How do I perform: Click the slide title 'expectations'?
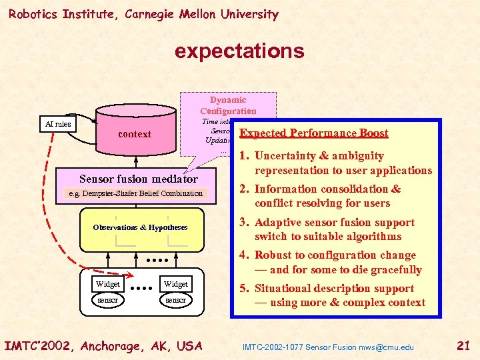click(x=239, y=51)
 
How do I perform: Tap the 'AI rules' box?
click(x=57, y=124)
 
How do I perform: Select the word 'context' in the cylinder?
click(x=135, y=134)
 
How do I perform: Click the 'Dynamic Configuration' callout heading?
click(x=228, y=105)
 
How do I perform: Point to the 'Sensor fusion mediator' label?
click(x=139, y=179)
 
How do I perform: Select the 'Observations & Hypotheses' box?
click(x=140, y=227)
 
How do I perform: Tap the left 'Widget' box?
click(x=108, y=284)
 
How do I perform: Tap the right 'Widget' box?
click(x=176, y=284)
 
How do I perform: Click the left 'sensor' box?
click(x=108, y=300)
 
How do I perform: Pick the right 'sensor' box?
click(x=176, y=300)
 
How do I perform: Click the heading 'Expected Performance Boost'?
click(x=313, y=133)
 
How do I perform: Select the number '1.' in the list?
click(x=244, y=156)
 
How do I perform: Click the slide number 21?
click(x=464, y=345)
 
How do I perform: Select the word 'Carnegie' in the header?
click(x=141, y=14)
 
